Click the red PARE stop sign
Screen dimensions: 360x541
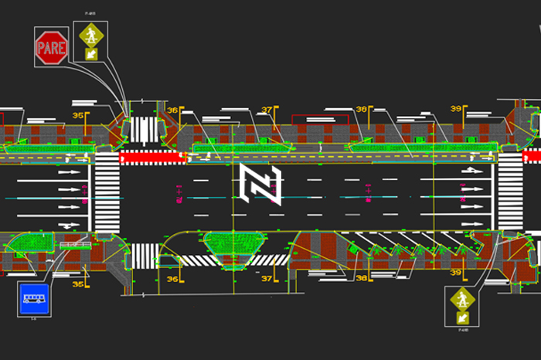pyautogui.click(x=52, y=47)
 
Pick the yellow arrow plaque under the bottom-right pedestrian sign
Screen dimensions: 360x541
pyautogui.click(x=462, y=317)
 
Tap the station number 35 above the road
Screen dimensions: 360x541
pyautogui.click(x=77, y=116)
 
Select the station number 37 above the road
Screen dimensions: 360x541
pyautogui.click(x=267, y=110)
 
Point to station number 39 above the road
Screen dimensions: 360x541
pyautogui.click(x=456, y=110)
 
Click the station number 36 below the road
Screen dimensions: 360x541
pyautogui.click(x=172, y=279)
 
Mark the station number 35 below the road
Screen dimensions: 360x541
pyautogui.click(x=77, y=284)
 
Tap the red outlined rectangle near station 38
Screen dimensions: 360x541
pyautogui.click(x=318, y=119)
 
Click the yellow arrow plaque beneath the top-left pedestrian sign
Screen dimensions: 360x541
pyautogui.click(x=92, y=55)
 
